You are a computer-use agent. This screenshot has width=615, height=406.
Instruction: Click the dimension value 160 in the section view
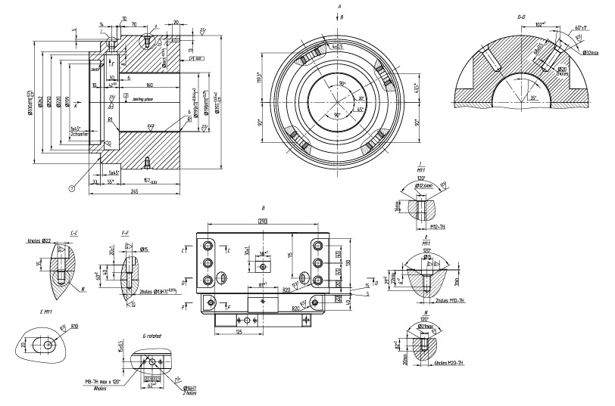pyautogui.click(x=149, y=85)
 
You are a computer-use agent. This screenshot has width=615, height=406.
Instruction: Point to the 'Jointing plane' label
pyautogui.click(x=143, y=98)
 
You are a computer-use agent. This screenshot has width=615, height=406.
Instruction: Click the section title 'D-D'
pyautogui.click(x=520, y=15)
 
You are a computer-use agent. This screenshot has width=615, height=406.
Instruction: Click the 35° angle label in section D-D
pyautogui.click(x=533, y=98)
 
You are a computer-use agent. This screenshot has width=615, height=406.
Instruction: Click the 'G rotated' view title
pyautogui.click(x=152, y=335)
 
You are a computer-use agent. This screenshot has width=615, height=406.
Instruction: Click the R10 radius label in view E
pyautogui.click(x=76, y=326)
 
